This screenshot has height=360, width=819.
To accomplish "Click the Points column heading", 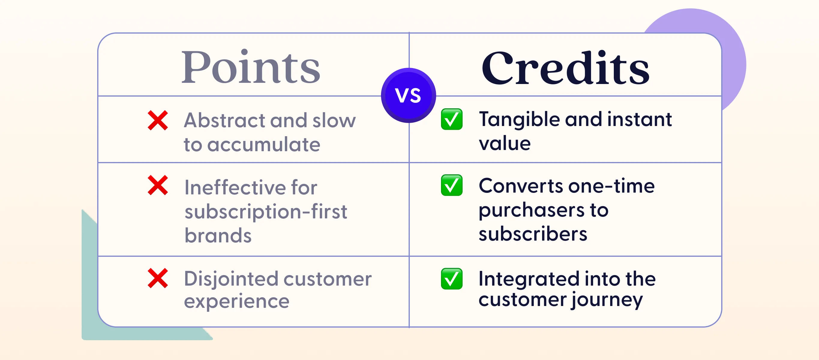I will pyautogui.click(x=250, y=67).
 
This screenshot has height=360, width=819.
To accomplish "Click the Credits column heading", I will pyautogui.click(x=565, y=68).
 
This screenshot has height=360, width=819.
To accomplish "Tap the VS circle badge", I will pyautogui.click(x=408, y=95).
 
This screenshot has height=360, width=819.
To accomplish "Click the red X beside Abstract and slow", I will pyautogui.click(x=158, y=120).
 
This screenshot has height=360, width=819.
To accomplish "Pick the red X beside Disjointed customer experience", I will pyautogui.click(x=158, y=278).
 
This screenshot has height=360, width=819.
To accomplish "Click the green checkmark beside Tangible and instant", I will pyautogui.click(x=451, y=119).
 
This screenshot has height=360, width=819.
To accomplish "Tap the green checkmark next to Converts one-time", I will pyautogui.click(x=451, y=185).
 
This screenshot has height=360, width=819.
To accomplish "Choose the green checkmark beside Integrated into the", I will pyautogui.click(x=451, y=279).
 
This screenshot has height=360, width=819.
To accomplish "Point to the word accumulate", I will pyautogui.click(x=264, y=144).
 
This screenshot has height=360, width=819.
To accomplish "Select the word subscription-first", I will pyautogui.click(x=266, y=212).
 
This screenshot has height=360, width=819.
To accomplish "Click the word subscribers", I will pyautogui.click(x=533, y=234).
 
